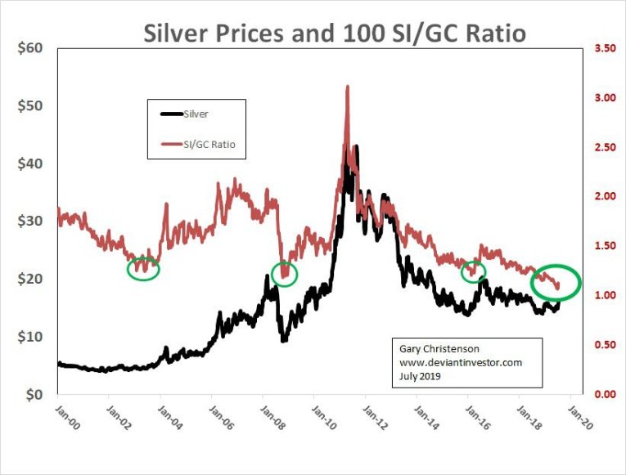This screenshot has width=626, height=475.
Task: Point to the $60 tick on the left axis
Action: point(30,48)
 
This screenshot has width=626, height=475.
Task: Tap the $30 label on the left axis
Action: point(30,222)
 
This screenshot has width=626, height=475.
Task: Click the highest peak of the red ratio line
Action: point(348,86)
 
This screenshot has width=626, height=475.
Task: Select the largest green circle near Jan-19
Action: point(556,282)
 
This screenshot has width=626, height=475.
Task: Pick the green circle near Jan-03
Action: point(143,267)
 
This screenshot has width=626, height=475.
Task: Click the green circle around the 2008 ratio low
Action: point(284,273)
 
